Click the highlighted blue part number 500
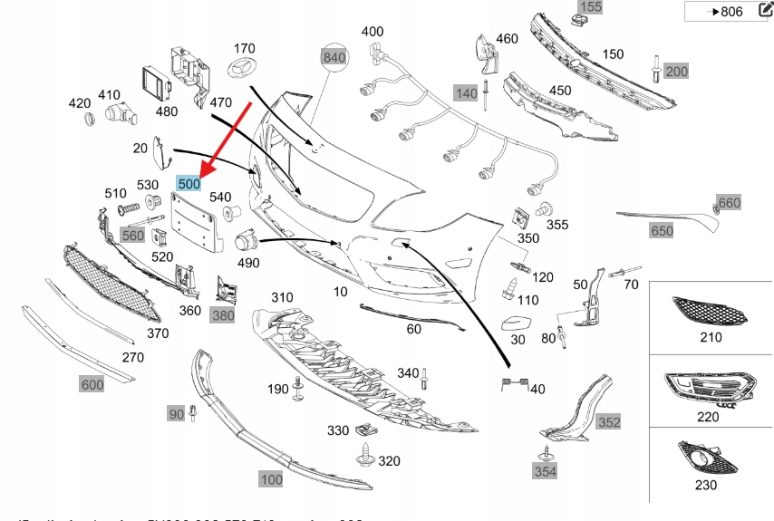click(x=189, y=183)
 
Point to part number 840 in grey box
click(x=334, y=57)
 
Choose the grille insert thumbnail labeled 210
click(x=710, y=313)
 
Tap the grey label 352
click(x=609, y=421)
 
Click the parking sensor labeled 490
click(x=246, y=242)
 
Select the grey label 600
click(x=92, y=384)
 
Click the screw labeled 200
click(x=653, y=67)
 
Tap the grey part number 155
click(x=590, y=7)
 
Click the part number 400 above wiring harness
click(x=372, y=32)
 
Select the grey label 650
click(x=662, y=231)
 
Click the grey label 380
click(x=222, y=315)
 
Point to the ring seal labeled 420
click(x=89, y=119)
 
